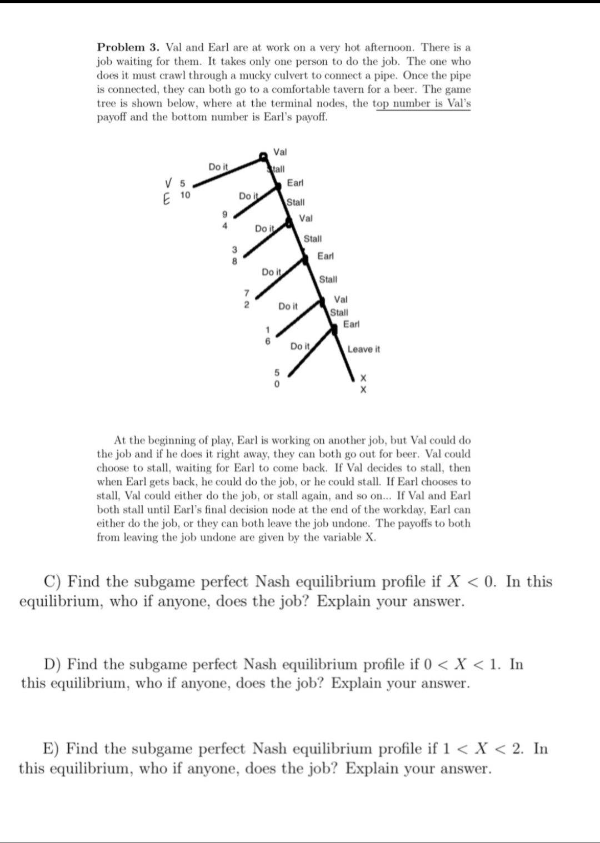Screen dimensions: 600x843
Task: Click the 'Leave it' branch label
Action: click(363, 349)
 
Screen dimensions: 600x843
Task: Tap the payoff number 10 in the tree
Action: click(186, 195)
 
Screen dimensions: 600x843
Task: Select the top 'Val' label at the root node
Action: click(280, 152)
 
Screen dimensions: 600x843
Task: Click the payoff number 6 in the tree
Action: click(267, 340)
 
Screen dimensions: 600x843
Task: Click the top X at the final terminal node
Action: click(363, 378)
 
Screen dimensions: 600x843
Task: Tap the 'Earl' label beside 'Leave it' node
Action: click(351, 324)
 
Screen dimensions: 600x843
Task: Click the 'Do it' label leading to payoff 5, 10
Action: click(218, 167)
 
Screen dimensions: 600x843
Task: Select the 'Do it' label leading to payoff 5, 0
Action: click(300, 346)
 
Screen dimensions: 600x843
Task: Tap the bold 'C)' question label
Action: click(53, 582)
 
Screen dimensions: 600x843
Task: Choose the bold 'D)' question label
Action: click(53, 664)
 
